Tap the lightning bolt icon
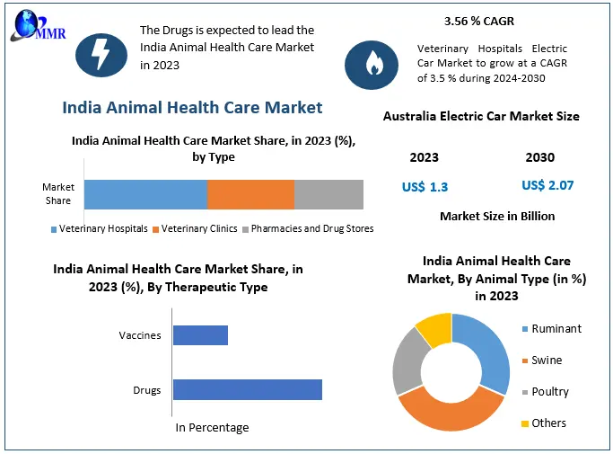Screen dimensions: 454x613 [x=101, y=54]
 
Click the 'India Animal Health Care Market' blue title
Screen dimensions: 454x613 [x=192, y=108]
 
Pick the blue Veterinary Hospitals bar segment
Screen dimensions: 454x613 [x=145, y=194]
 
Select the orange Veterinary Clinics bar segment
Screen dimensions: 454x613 [x=250, y=194]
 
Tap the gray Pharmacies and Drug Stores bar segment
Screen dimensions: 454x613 [x=328, y=194]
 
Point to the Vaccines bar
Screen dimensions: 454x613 [x=200, y=335]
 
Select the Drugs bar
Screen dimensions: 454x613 [x=247, y=389]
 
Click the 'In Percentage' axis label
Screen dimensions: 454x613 [x=212, y=427]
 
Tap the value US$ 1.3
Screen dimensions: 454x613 [x=425, y=187]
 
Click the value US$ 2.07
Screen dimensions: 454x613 [x=547, y=185]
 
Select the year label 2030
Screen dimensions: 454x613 [x=540, y=157]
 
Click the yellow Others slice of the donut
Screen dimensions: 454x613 [x=435, y=329]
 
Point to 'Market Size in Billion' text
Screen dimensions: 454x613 [x=497, y=216]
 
